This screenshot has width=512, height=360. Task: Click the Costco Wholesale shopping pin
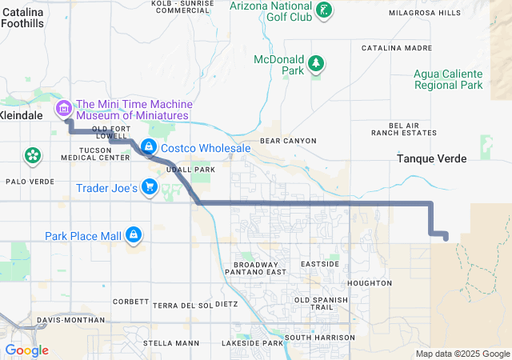tap(149, 147)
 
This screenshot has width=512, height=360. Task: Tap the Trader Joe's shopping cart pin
tap(149, 188)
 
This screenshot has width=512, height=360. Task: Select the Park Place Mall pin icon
tap(134, 235)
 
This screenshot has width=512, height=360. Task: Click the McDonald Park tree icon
tap(317, 63)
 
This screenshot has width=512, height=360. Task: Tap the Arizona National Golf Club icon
tap(323, 10)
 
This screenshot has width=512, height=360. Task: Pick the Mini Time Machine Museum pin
tap(62, 108)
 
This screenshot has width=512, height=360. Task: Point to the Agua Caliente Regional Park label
tap(448, 79)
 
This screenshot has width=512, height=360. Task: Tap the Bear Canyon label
tap(288, 141)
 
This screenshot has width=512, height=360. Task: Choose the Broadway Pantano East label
tap(259, 268)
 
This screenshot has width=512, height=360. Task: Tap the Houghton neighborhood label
tap(370, 283)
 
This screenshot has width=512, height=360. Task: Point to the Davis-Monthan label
tap(71, 320)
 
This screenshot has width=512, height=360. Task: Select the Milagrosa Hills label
tap(425, 14)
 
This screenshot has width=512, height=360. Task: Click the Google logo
tap(26, 350)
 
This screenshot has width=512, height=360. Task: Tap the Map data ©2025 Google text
tap(462, 354)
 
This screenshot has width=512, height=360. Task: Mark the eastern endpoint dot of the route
tap(445, 235)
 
